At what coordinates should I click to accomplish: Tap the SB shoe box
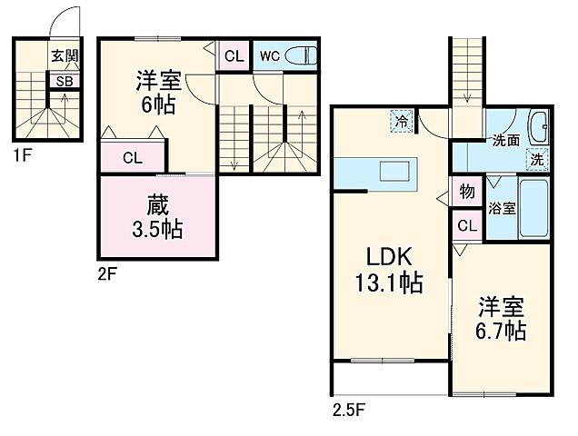65,80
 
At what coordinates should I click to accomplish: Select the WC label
269,55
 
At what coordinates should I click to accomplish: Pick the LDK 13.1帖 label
389,267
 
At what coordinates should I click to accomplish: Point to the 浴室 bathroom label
502,208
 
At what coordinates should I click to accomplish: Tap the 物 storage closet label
467,192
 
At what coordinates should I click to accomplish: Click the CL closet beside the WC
234,55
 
